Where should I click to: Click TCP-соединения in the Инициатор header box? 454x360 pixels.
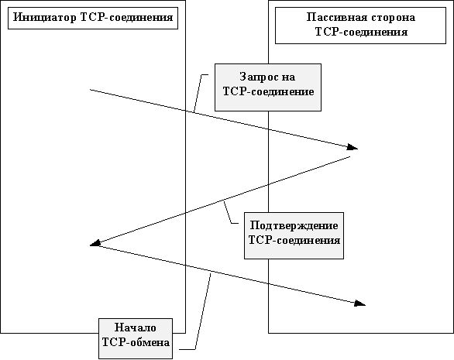point(126,18)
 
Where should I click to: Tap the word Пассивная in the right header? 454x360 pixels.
point(335,17)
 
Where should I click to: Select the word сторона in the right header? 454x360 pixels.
point(392,17)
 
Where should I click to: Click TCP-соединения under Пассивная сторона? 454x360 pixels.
point(361,32)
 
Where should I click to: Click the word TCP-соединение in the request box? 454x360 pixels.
point(268,91)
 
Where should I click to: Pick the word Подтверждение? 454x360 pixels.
point(294,225)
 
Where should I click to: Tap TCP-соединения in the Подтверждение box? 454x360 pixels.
point(294,240)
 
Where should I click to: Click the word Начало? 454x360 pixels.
point(136,327)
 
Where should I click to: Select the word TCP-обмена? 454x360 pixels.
point(136,342)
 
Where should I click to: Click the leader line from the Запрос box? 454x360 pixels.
point(198,92)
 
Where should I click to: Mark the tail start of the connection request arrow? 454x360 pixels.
point(90,90)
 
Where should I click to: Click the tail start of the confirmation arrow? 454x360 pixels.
point(350,157)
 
